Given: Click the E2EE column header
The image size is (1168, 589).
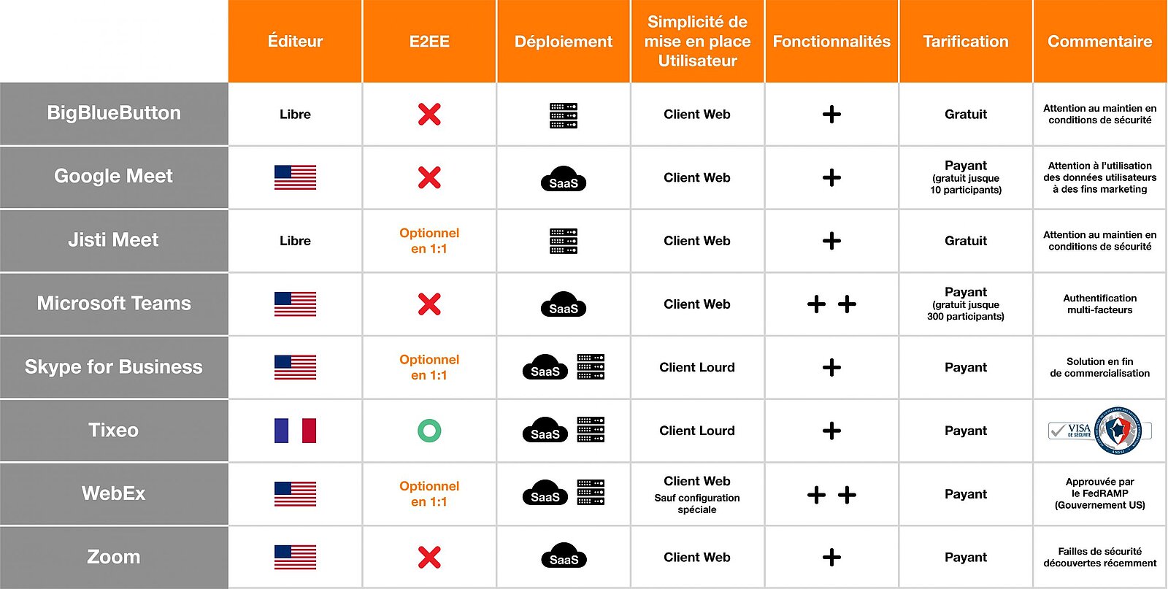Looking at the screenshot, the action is pyautogui.click(x=429, y=41).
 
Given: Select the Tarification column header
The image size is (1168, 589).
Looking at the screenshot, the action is pyautogui.click(x=966, y=41).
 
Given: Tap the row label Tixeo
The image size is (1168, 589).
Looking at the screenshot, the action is pyautogui.click(x=114, y=430).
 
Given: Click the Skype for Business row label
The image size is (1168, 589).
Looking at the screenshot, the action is pyautogui.click(x=114, y=367).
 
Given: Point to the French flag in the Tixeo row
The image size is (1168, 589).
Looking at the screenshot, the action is pyautogui.click(x=295, y=431).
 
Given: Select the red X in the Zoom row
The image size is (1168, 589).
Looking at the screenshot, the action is pyautogui.click(x=429, y=557).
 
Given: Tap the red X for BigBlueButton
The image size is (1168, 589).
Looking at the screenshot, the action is pyautogui.click(x=429, y=114).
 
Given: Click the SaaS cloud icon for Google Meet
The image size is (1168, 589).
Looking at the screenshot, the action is pyautogui.click(x=564, y=179).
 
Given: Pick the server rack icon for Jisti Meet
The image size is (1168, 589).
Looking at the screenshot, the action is pyautogui.click(x=564, y=241).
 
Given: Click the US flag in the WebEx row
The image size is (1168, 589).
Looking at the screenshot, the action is pyautogui.click(x=295, y=494).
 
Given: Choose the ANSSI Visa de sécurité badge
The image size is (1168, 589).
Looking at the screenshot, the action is pyautogui.click(x=1099, y=431).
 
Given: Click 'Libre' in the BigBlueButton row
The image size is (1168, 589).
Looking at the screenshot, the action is pyautogui.click(x=295, y=114).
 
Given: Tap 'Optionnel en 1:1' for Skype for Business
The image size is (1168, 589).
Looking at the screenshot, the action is pyautogui.click(x=429, y=367).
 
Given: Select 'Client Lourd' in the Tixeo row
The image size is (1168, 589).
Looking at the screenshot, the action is pyautogui.click(x=697, y=431).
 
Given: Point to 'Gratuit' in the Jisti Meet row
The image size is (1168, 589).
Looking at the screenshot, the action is pyautogui.click(x=966, y=241).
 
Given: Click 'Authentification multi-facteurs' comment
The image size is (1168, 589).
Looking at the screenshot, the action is pyautogui.click(x=1099, y=304).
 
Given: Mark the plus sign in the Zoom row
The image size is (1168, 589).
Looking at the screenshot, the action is pyautogui.click(x=831, y=557).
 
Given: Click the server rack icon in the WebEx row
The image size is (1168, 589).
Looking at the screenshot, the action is pyautogui.click(x=591, y=493).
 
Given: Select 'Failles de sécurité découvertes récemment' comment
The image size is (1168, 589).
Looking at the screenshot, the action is pyautogui.click(x=1099, y=557).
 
